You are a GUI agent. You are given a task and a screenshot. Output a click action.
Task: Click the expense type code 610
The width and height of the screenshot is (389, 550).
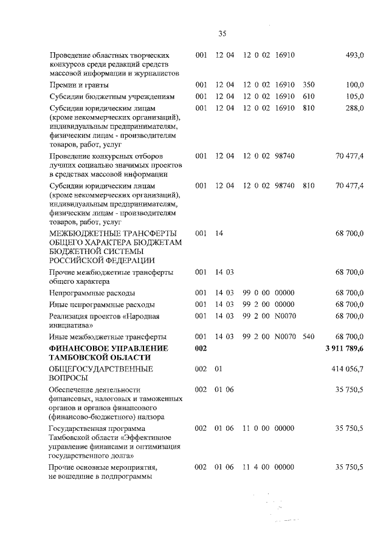pyautogui.click(x=308, y=97)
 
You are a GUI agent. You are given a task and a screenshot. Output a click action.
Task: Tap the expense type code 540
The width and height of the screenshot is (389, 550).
pyautogui.click(x=308, y=336)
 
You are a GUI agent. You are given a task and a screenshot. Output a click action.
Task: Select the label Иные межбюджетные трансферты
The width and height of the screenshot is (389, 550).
pyautogui.click(x=108, y=336)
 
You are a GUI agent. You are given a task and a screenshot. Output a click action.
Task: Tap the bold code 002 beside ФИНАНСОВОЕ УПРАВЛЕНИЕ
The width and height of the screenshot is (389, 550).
pyautogui.click(x=201, y=348)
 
